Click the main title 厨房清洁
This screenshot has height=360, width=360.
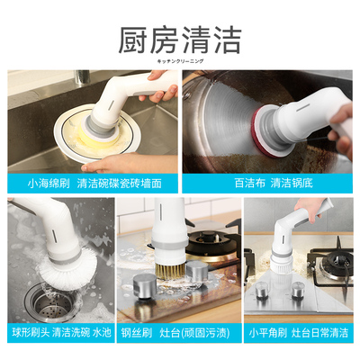(x=180, y=40)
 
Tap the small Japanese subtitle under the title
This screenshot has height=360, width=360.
(x=180, y=61)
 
